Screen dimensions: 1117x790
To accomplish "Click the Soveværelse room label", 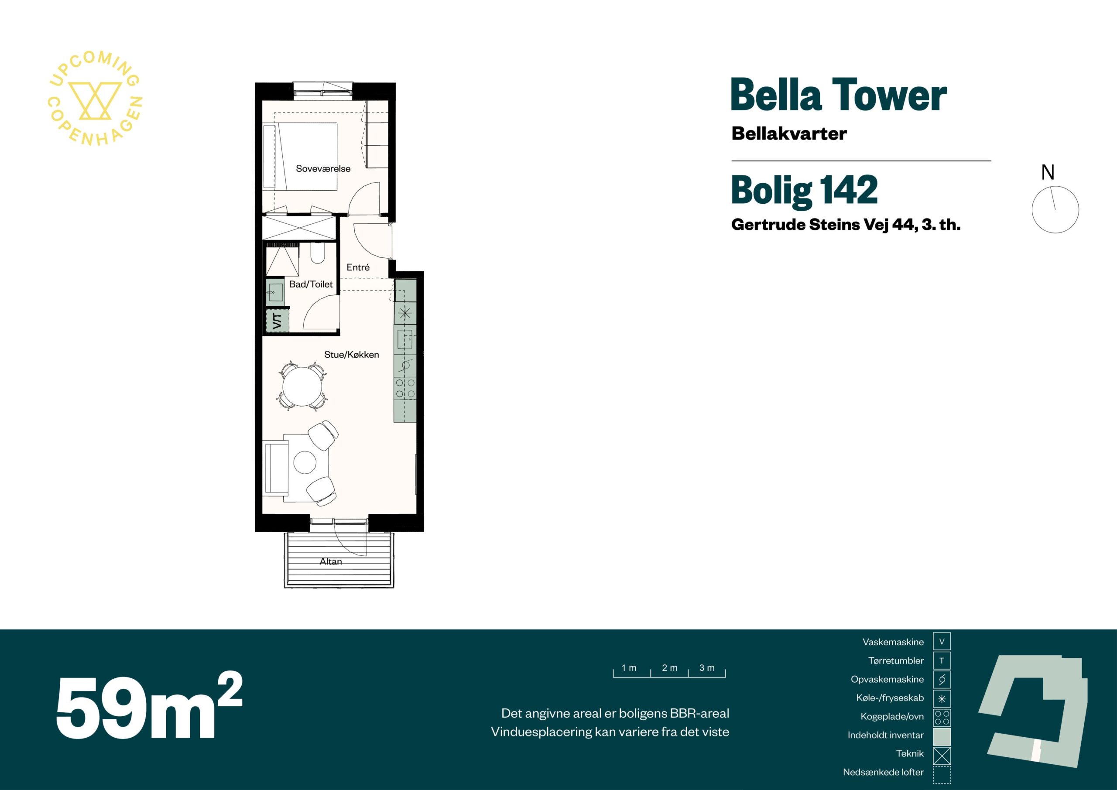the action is coord(323,169).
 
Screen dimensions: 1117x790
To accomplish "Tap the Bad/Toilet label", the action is coord(311,284).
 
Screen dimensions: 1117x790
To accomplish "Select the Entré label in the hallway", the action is coord(358,267).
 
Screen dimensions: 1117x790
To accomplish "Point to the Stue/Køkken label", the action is coord(352,355).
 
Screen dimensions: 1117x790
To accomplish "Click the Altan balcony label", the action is coord(331,561).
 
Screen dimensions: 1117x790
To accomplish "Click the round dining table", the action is coord(303,386).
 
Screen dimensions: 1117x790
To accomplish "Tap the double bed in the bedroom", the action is coord(300,156).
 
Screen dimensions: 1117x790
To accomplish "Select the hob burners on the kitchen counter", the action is coord(405,388).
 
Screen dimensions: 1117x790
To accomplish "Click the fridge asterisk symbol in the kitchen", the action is coord(405,313).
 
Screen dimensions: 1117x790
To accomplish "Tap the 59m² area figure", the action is coord(149,707).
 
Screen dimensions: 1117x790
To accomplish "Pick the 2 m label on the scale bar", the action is coord(669,668).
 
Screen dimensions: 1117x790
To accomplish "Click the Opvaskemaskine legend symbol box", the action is coord(942,680).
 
